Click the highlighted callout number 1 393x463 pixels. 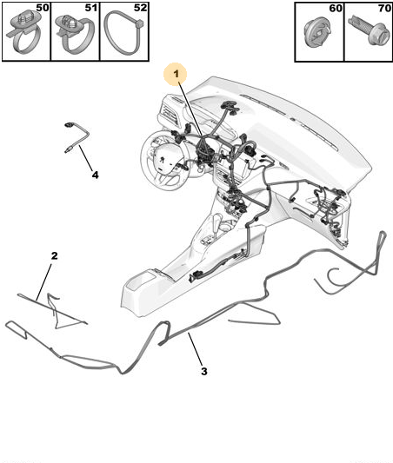pos(177,74)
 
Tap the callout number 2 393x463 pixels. pos(55,255)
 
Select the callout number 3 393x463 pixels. pos(204,371)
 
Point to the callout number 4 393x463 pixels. pos(95,175)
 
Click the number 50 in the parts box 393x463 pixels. pos(43,8)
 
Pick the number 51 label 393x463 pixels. pos(91,8)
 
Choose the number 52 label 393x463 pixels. pos(140,8)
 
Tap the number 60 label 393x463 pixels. pos(336,9)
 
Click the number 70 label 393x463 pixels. pos(384,9)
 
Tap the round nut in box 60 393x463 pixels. pos(317,32)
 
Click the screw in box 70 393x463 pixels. pos(368,30)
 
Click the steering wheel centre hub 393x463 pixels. pos(162,160)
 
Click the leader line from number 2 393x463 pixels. pos(44,282)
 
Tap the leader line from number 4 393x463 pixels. pos(86,158)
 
